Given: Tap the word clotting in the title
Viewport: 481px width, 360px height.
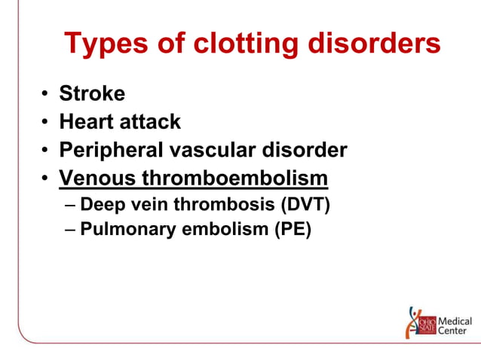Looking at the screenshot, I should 232,44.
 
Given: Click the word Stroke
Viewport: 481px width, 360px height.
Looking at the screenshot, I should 92,93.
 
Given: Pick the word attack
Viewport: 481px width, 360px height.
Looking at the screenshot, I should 153,121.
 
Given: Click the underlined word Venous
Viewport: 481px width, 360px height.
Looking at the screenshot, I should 96,178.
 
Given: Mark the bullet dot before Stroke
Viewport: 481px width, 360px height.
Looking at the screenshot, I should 45,94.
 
